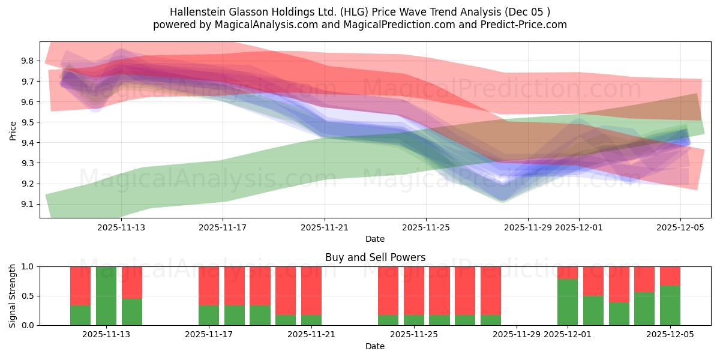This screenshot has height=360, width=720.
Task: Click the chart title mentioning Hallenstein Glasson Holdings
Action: point(360,11)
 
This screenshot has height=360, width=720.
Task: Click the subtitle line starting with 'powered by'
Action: point(360,25)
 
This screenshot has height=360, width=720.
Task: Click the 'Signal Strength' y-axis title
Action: point(13,296)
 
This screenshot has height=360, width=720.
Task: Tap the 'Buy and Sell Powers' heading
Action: point(375,257)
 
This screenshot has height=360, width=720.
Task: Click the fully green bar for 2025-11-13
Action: point(106,296)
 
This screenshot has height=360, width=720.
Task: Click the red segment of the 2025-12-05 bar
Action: point(670,275)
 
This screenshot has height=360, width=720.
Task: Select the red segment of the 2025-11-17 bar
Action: point(209,286)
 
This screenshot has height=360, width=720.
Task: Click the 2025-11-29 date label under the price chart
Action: point(528,227)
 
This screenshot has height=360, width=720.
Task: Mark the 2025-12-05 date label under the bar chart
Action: point(670,335)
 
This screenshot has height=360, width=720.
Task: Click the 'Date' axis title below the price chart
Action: point(375,239)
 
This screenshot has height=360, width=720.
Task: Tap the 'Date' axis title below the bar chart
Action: point(375,346)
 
